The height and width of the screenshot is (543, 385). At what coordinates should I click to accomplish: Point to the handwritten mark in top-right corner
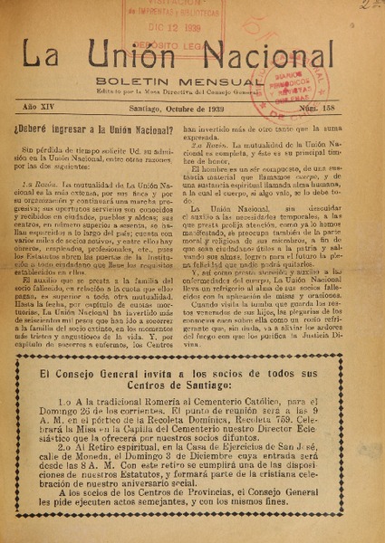point(367,6)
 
